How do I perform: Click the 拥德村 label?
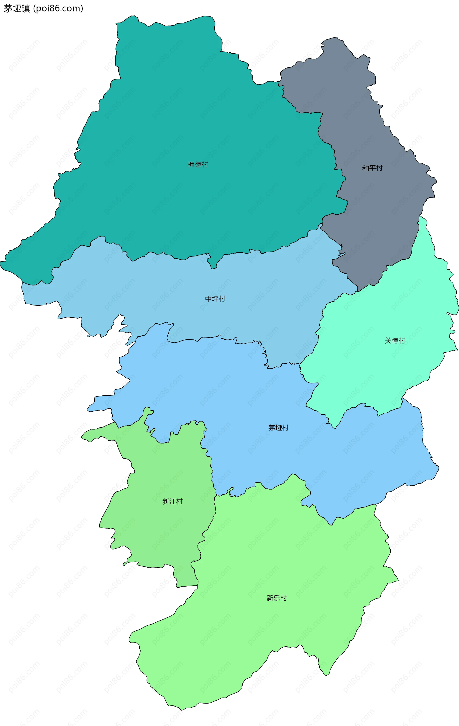198,165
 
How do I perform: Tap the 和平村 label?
372,168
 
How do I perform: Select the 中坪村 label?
215,299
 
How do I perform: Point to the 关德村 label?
395,341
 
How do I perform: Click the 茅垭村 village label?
279,428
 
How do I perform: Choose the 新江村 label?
172,501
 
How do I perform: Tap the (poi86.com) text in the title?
59,8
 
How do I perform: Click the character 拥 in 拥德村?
191,165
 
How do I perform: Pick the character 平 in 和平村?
372,168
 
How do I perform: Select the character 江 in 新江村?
172,501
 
